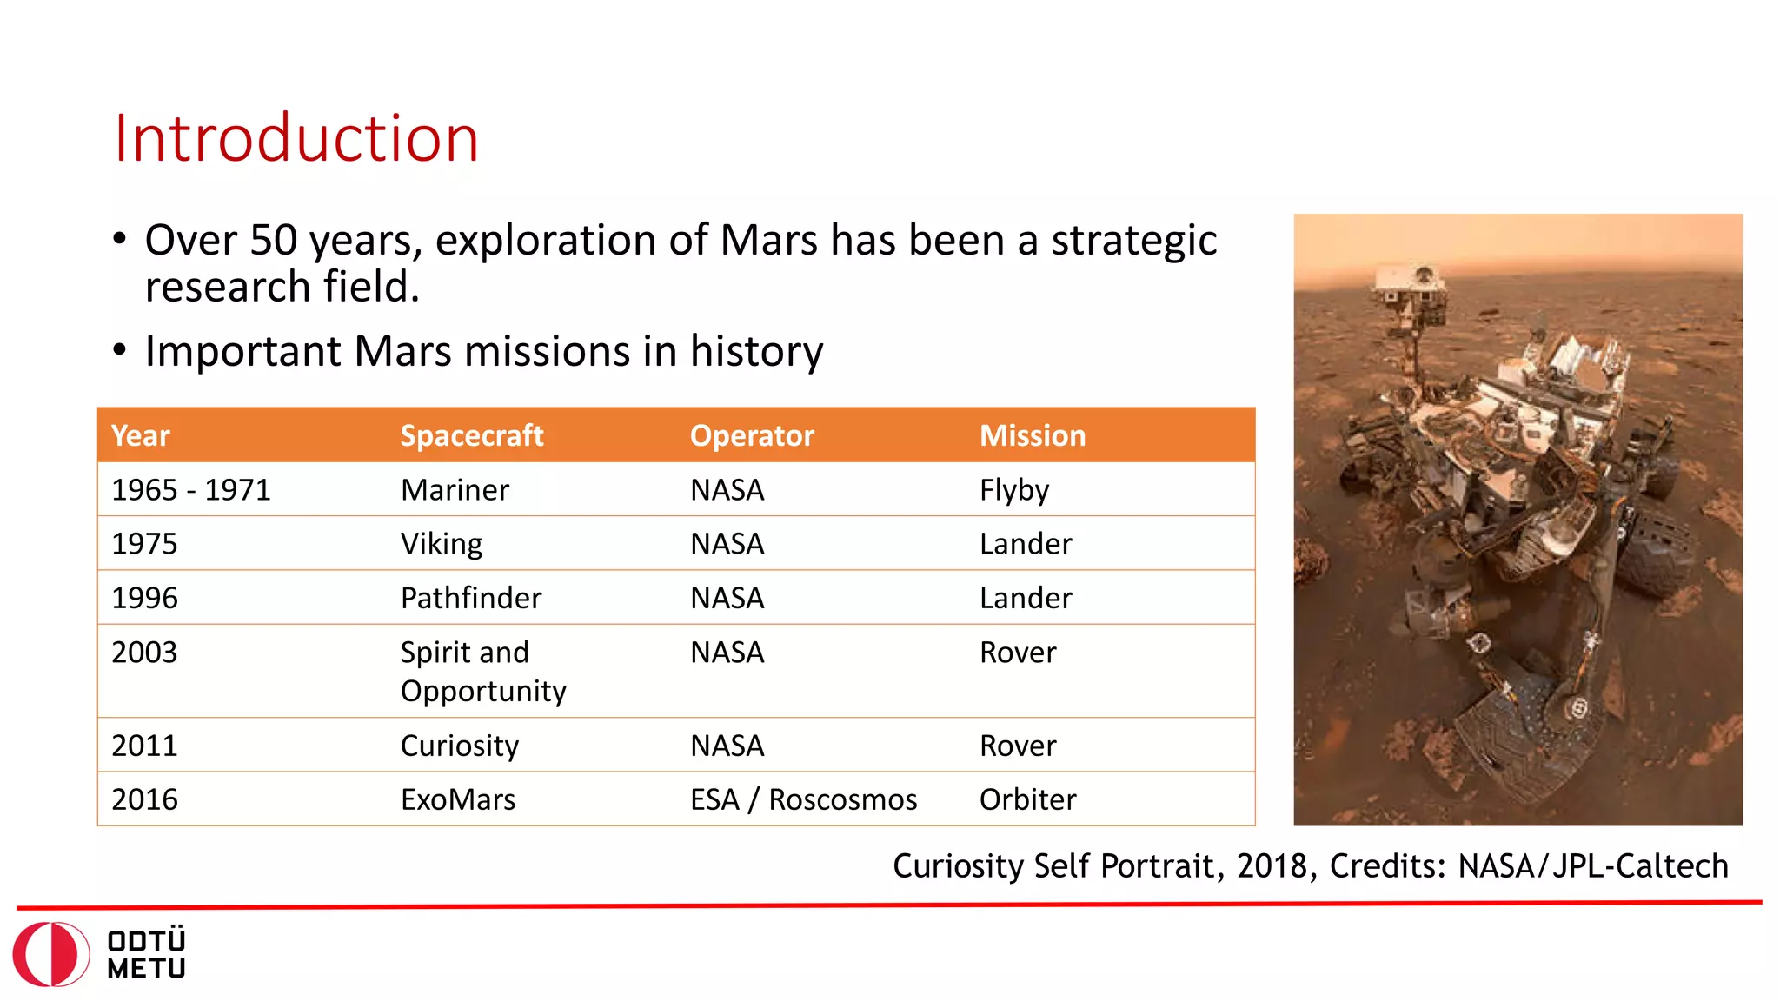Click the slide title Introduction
[296, 139]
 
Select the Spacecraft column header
[471, 435]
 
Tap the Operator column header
[752, 435]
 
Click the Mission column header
[1033, 435]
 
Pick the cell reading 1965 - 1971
[191, 490]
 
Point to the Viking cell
[442, 544]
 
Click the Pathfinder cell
[470, 598]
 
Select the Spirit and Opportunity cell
[482, 671]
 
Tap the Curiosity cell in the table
[459, 746]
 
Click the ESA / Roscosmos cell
[803, 799]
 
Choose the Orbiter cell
[1027, 799]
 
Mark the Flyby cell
[1013, 490]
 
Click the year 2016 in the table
[144, 799]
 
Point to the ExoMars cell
[457, 799]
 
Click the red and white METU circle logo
[51, 954]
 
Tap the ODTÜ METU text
[146, 954]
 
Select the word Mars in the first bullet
[768, 240]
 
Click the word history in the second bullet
[756, 351]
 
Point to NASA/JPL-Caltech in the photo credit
[1592, 866]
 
